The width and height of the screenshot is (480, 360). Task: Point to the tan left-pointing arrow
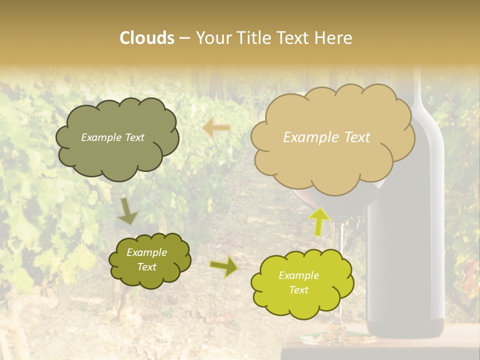point(216,127)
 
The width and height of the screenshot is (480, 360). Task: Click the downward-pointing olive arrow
point(127,211)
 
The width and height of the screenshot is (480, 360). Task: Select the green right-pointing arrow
point(223,267)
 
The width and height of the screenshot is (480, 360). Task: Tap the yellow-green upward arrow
point(319,221)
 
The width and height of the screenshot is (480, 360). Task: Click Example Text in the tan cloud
point(326,137)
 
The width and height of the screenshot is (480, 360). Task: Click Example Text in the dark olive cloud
point(112,137)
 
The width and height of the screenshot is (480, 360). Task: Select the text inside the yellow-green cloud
point(298,282)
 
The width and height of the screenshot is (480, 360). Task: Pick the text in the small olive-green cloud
point(146,260)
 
